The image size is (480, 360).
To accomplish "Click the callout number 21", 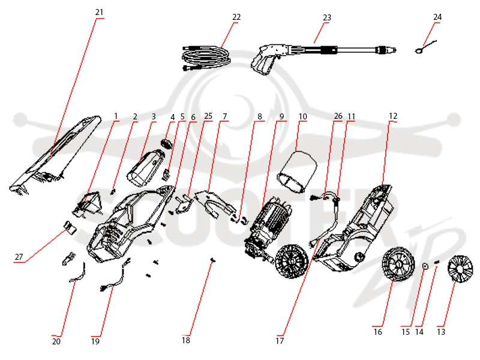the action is [99, 12].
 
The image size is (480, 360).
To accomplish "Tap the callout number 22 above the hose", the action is [236, 17].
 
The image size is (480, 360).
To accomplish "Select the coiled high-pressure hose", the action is [206, 58].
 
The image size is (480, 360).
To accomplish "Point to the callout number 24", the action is [437, 17].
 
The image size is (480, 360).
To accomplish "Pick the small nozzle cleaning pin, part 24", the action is [425, 47].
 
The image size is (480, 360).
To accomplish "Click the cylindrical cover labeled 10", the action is [296, 172].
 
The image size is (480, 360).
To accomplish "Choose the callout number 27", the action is [19, 257].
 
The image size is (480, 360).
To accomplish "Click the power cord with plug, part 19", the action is [115, 275].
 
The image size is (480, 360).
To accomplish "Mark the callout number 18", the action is [186, 340].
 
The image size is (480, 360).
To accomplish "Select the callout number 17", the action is [280, 341].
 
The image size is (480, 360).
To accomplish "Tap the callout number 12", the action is [393, 116].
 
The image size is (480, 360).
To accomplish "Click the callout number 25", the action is [208, 116].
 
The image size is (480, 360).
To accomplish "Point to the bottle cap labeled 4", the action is [167, 143].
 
